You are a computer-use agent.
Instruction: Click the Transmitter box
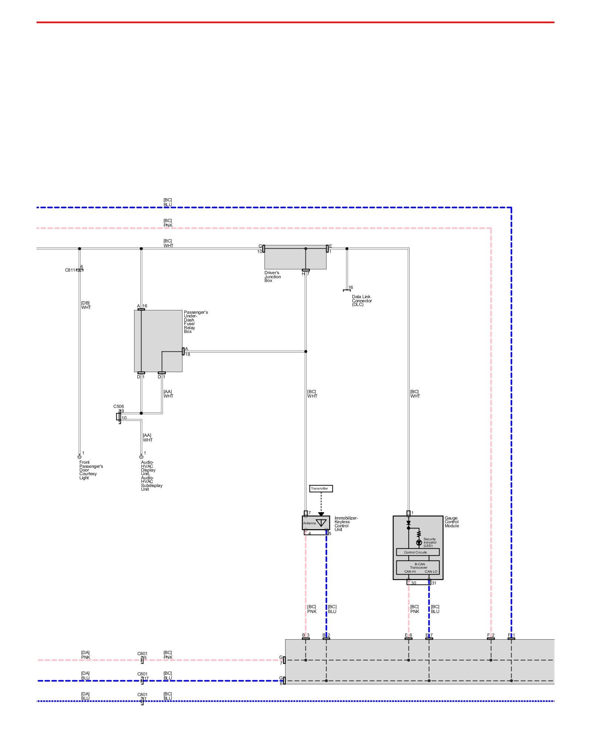click(321, 488)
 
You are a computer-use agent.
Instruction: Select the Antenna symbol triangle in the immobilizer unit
click(321, 522)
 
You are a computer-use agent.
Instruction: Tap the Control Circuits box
click(418, 552)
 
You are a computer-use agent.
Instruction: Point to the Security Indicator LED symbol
click(419, 542)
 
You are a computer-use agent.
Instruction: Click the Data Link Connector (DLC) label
click(362, 300)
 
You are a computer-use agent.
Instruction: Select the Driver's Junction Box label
click(273, 277)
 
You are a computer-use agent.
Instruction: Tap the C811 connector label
click(70, 270)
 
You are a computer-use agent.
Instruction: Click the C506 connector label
click(119, 406)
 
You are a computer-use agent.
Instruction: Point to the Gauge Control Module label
click(452, 522)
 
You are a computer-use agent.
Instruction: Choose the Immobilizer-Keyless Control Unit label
click(346, 524)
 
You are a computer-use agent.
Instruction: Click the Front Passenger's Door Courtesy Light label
click(91, 470)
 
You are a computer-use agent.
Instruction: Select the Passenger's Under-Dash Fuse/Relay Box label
click(195, 322)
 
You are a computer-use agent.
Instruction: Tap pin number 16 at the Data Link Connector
click(351, 287)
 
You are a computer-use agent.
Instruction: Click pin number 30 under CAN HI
click(413, 583)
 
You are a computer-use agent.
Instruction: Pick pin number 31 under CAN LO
click(434, 583)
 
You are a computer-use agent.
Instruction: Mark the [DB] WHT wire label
click(86, 305)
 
